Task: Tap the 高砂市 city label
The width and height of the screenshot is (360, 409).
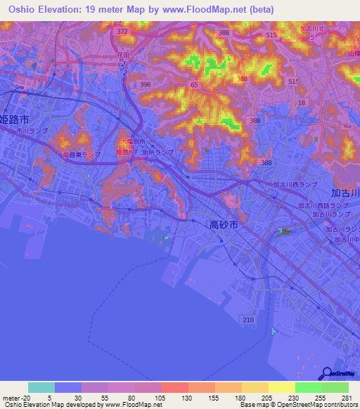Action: pyautogui.click(x=224, y=225)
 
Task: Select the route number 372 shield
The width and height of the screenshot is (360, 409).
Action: pyautogui.click(x=123, y=32)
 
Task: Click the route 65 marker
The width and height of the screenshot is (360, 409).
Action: pyautogui.click(x=193, y=84)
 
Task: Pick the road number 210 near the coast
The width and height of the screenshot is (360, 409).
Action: pyautogui.click(x=248, y=320)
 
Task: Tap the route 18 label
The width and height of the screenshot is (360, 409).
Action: pyautogui.click(x=301, y=103)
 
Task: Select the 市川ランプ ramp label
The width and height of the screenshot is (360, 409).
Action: pyautogui.click(x=33, y=131)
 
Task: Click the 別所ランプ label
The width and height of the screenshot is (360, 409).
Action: pyautogui.click(x=157, y=152)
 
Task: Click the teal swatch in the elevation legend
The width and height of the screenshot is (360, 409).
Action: pyautogui.click(x=41, y=387)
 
